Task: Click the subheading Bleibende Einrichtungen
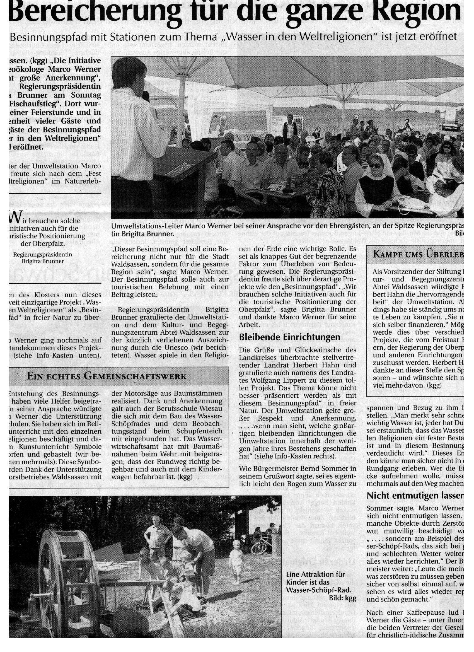[289, 337]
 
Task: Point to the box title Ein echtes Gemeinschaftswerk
[106, 376]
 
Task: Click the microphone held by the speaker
[146, 96]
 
